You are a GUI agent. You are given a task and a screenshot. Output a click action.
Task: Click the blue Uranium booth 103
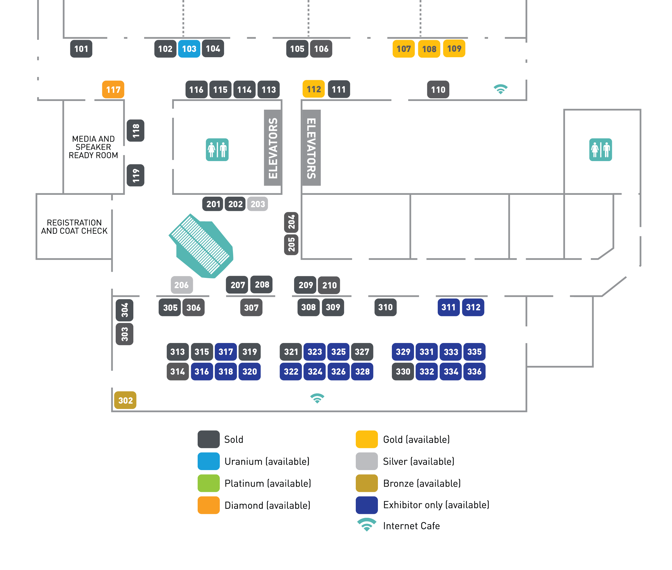pyautogui.click(x=189, y=49)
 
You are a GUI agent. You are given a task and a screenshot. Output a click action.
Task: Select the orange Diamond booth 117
pyautogui.click(x=113, y=89)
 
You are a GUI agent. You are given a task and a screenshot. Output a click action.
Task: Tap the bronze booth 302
pyautogui.click(x=125, y=400)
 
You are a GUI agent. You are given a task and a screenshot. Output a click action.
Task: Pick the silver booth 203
pyautogui.click(x=257, y=204)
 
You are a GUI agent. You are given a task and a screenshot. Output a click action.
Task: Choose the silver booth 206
pyautogui.click(x=182, y=285)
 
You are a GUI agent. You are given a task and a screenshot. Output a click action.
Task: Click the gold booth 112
pyautogui.click(x=314, y=89)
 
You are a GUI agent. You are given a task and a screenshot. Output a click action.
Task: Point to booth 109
pyautogui.click(x=454, y=49)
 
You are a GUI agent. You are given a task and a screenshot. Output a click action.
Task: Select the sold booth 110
pyautogui.click(x=438, y=89)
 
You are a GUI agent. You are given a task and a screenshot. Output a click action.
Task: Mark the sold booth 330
pyautogui.click(x=403, y=371)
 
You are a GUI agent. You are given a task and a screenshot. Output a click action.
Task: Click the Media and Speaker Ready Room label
pyautogui.click(x=93, y=147)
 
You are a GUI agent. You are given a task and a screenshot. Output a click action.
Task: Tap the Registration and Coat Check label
pyautogui.click(x=74, y=227)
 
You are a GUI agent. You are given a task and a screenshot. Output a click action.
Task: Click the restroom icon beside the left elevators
pyautogui.click(x=217, y=149)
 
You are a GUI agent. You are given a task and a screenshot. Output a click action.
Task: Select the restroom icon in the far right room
pyautogui.click(x=600, y=149)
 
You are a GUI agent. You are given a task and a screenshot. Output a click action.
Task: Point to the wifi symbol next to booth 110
pyautogui.click(x=500, y=89)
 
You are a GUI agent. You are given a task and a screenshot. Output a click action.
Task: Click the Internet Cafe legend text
pyautogui.click(x=411, y=526)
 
